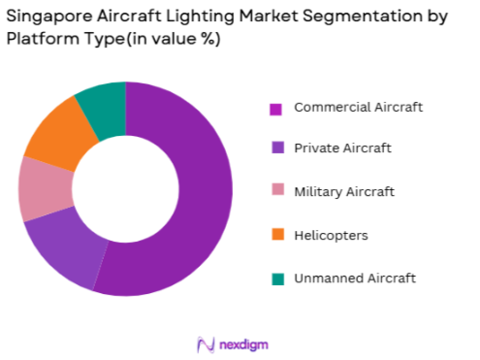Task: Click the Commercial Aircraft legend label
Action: coord(358,107)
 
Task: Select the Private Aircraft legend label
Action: coord(342,148)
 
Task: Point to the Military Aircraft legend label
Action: coord(344,191)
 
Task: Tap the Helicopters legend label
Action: coord(331,235)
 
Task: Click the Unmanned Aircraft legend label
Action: coord(355,278)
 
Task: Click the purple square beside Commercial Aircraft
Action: coord(275,108)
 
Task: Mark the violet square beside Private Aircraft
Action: coord(275,149)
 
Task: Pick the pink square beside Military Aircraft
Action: coord(275,192)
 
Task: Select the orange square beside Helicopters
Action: coord(275,235)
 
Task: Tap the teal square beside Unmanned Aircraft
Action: coord(275,278)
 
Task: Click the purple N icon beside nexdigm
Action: coord(205,344)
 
